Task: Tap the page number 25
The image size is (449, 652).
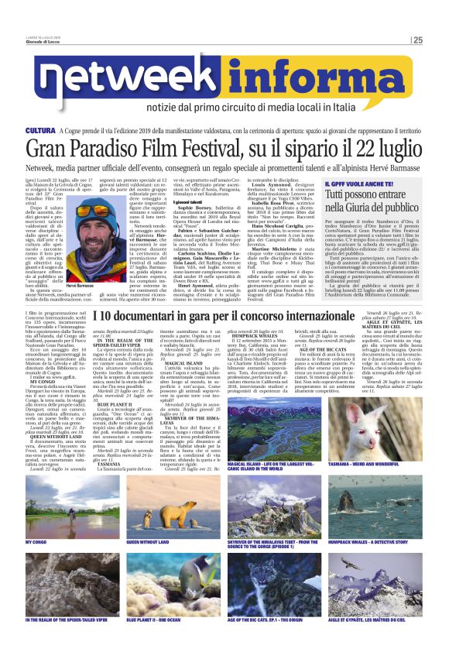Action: point(418,40)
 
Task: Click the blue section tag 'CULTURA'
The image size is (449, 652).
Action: point(40,132)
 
